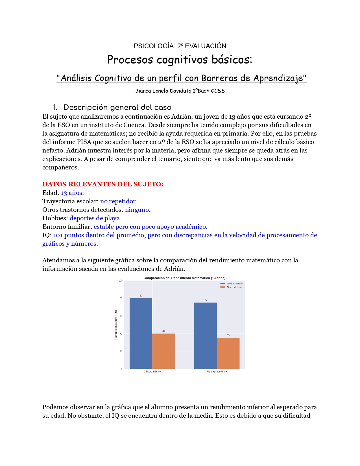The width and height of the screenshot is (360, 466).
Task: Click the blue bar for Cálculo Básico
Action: [x=141, y=333]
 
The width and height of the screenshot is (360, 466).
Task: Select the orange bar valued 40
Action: [x=163, y=351]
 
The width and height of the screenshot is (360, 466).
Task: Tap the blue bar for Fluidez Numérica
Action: [x=205, y=336]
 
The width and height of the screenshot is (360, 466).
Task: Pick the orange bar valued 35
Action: [x=228, y=353]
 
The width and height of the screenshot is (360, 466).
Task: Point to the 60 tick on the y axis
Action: [x=121, y=316]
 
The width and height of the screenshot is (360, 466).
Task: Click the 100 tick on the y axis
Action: [x=121, y=281]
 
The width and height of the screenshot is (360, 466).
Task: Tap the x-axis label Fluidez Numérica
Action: [x=217, y=372]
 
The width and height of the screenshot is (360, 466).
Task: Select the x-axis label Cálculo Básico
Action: [x=152, y=372]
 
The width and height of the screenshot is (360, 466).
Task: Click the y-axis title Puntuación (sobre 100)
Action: [x=116, y=325]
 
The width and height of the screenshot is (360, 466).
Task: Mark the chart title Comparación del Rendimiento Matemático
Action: [x=184, y=278]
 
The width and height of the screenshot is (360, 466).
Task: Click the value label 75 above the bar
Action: [x=206, y=300]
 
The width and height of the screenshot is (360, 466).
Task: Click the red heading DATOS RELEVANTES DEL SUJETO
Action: [x=103, y=184]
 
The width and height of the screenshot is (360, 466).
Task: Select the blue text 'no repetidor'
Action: [x=119, y=201]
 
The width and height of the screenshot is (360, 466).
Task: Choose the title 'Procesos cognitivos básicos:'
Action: [x=180, y=59]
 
